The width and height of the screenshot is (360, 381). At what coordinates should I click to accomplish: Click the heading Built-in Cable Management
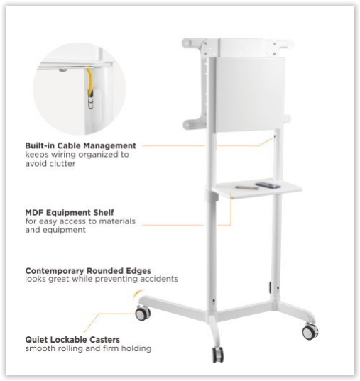(80, 145)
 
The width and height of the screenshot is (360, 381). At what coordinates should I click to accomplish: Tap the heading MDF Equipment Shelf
(70, 212)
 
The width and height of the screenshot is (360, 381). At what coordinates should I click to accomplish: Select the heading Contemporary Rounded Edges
(88, 271)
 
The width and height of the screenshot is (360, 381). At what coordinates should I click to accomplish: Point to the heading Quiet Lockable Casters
(72, 339)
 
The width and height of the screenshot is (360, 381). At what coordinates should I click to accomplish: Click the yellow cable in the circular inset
(89, 82)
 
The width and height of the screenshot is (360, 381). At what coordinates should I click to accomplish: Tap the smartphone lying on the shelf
(268, 185)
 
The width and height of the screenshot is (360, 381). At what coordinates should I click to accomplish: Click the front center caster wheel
(218, 355)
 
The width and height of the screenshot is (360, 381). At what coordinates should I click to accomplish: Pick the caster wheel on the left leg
(143, 313)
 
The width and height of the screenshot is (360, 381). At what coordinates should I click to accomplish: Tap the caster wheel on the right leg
(310, 332)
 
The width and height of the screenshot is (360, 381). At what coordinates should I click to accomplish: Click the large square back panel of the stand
(250, 95)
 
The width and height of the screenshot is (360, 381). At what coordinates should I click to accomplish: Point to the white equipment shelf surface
(257, 189)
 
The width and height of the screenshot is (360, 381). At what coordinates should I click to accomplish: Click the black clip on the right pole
(271, 287)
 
